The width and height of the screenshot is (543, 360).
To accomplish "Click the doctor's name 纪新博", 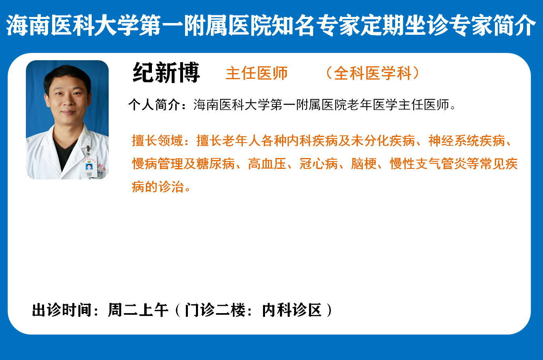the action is (166, 72).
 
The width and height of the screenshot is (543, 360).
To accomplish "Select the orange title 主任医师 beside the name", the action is (257, 73).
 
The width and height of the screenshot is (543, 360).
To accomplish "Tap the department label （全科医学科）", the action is (373, 73).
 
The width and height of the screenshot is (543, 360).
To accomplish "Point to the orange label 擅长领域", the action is (157, 140).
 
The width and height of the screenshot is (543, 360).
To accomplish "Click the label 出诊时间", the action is (62, 310).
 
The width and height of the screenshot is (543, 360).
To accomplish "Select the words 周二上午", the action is (139, 310).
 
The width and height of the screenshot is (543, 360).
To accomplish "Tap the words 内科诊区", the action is (292, 310).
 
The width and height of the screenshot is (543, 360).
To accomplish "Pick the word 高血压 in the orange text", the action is (267, 164).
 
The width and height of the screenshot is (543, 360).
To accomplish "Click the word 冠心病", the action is (318, 164).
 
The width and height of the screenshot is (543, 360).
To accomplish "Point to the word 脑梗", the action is (364, 164).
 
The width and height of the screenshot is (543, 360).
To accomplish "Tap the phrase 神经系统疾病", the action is (467, 140).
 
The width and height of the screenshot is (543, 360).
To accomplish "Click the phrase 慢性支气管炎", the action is (428, 164).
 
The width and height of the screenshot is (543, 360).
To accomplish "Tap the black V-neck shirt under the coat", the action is (64, 152).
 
